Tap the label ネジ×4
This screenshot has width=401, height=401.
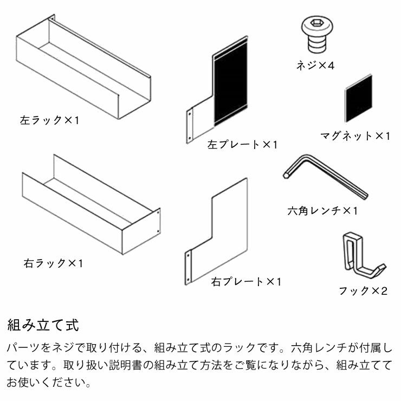[315, 66]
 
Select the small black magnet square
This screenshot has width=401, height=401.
[359, 99]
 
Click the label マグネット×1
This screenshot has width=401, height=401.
[354, 135]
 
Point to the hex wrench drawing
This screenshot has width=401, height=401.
[325, 177]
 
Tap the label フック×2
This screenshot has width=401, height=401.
[363, 291]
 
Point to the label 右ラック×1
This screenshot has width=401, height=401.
[53, 263]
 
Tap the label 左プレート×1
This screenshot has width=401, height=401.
[242, 145]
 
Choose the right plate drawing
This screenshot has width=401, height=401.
[219, 233]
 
